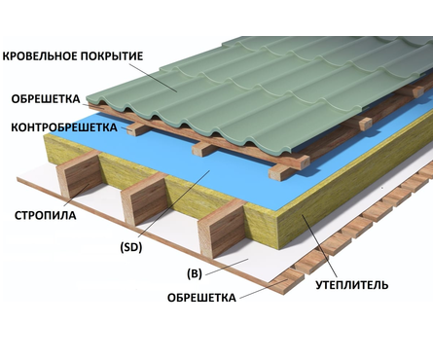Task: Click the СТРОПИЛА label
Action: click(45, 213)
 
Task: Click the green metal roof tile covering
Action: click(243, 88)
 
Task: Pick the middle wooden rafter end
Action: click(138, 208)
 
